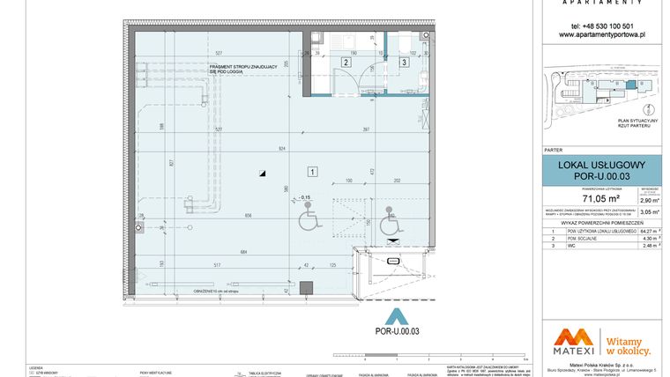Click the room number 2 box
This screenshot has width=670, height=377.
pos(346,62)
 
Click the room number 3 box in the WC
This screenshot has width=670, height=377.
pos(404,62)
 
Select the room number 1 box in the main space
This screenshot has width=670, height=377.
pos(312,171)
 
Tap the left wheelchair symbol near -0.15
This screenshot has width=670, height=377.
pos(309,220)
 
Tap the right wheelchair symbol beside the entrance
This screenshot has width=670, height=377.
pos(388,226)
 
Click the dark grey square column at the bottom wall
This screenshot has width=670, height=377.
pos(306,287)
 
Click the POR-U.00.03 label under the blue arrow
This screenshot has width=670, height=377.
pos(396,331)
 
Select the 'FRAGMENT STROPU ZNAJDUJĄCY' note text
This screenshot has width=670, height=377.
pos(243,66)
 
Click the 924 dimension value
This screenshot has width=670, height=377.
pos(281,150)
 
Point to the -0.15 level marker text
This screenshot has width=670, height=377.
pos(304,197)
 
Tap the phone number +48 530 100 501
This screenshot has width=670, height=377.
pos(602,26)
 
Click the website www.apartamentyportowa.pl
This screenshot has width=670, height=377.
pos(602,34)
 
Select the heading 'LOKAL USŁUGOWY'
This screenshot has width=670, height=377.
pos(602,165)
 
